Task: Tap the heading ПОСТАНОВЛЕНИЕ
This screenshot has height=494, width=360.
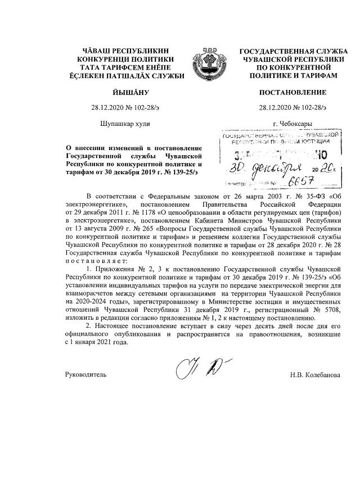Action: click(292, 92)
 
